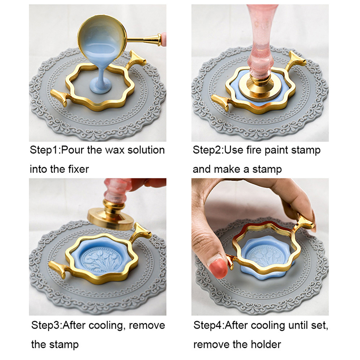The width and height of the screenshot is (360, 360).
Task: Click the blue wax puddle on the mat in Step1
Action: (100, 85)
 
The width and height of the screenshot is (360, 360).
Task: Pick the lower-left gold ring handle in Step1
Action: (59, 97)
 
